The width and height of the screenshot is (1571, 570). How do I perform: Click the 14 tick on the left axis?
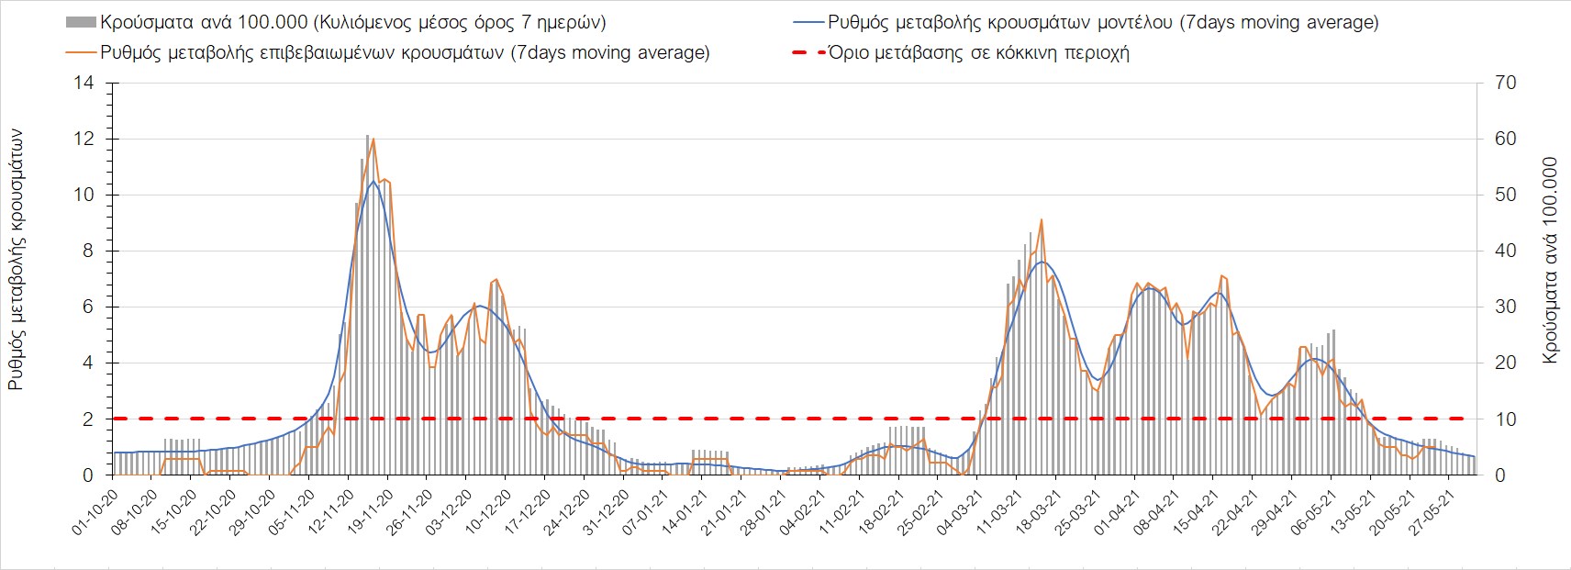coord(85,84)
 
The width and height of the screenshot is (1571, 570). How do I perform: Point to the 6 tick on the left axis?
coord(89,307)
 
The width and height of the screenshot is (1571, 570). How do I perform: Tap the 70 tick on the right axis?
coord(1506,84)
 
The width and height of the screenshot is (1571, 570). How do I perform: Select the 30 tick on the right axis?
coord(1506,307)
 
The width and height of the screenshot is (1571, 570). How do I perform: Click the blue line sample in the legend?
coord(808,22)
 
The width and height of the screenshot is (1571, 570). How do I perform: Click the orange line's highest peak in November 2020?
coord(373,139)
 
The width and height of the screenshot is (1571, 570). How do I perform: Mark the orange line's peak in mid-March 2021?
coord(1041,219)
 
